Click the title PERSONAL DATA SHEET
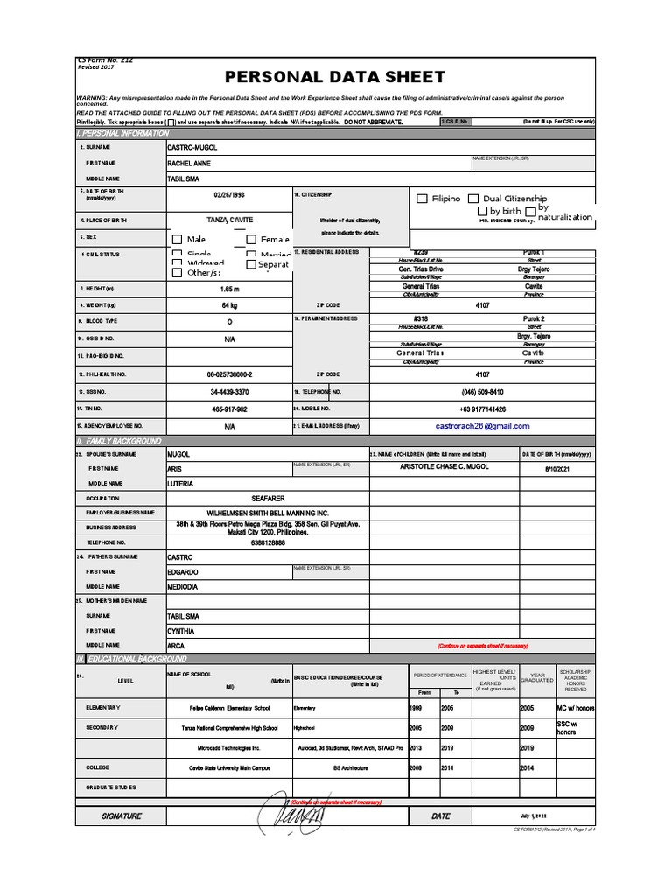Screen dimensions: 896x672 pos(336,77)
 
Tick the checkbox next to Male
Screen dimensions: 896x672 pos(177,240)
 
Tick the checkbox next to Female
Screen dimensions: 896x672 pos(251,240)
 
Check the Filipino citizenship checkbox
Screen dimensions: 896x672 pos(423,199)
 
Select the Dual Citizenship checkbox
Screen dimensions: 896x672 pos(473,199)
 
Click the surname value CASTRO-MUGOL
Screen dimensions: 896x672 pos(192,148)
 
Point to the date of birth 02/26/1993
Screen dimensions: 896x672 pos(230,195)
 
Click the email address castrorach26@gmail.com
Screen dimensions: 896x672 pos(482,426)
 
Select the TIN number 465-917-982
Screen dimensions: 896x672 pos(229,409)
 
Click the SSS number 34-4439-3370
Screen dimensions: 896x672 pos(229,392)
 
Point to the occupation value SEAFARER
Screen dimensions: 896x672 pos(268,498)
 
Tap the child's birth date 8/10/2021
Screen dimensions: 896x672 pos(556,469)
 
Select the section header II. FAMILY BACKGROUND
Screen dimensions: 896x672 pos(119,441)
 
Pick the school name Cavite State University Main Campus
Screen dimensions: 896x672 pos(230,767)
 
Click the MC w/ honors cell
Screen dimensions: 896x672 pos(575,707)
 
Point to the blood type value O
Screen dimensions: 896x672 pos(229,321)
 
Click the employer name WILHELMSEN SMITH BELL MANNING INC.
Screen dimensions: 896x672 pos(268,512)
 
